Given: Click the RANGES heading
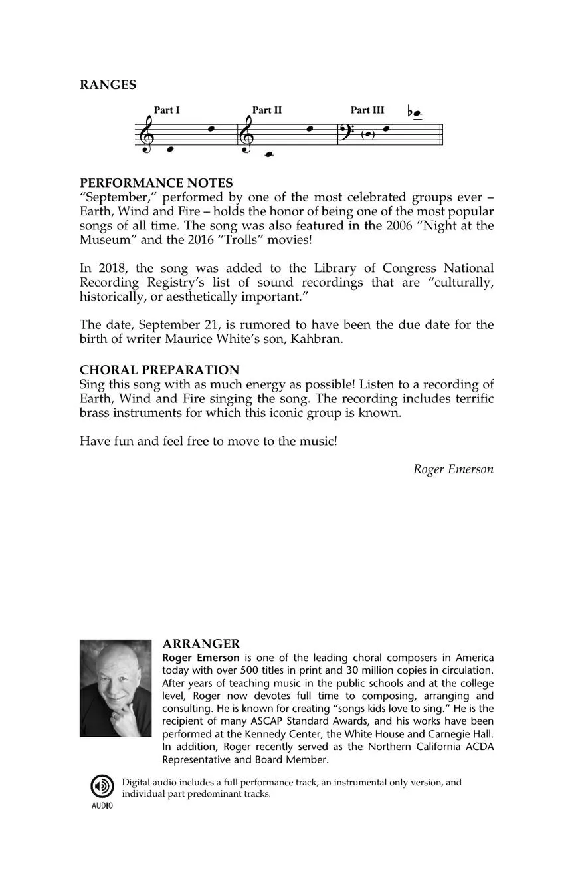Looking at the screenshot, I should (x=108, y=85).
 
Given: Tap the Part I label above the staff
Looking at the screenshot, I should (x=167, y=110).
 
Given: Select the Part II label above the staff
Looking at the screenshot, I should (x=267, y=110).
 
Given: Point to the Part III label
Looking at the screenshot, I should (x=367, y=110).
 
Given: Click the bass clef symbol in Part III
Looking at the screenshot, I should (x=349, y=132).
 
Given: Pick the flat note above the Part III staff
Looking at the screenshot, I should (x=416, y=114).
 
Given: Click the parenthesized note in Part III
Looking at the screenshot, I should (x=368, y=134).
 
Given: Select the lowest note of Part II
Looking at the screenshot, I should (x=269, y=154).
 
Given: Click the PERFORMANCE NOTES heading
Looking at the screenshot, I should (x=156, y=183).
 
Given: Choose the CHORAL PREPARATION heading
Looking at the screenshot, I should (x=159, y=370).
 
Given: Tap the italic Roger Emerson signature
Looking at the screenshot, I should (x=453, y=469).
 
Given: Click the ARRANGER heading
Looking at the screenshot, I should (x=201, y=644).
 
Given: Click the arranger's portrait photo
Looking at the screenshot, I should (x=116, y=688).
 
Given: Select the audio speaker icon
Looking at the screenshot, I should (x=102, y=787).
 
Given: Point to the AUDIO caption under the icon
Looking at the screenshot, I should (x=102, y=806).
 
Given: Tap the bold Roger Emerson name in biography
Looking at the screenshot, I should (x=201, y=658).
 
